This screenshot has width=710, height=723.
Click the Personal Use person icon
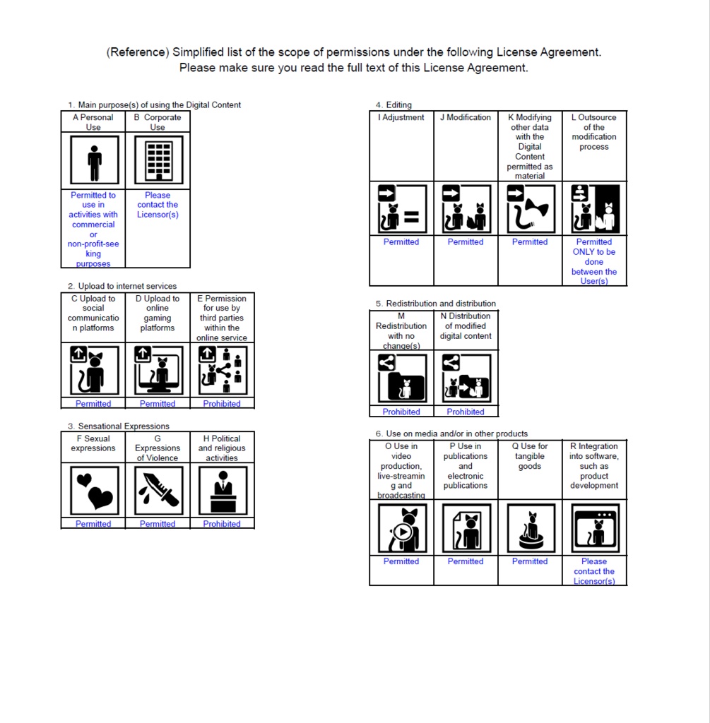pos(94,160)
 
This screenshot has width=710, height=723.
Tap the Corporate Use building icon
pos(158,160)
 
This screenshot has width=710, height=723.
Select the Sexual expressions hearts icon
pos(94,490)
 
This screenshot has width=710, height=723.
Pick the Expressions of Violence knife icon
pos(158,490)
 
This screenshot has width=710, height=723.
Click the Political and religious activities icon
pos(222,490)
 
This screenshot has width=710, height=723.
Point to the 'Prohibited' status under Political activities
pos(222,524)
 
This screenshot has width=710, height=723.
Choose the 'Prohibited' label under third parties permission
pos(222,404)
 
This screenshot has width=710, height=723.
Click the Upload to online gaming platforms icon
pos(158,370)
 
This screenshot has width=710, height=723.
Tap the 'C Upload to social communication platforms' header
pos(93,313)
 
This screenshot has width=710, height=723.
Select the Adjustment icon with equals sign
pos(401,209)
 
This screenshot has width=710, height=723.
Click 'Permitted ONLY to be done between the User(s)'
pos(594,261)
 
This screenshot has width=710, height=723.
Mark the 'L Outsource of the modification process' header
pos(594,132)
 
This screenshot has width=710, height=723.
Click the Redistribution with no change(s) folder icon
pos(401,378)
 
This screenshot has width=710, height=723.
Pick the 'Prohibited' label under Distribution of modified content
pos(466,412)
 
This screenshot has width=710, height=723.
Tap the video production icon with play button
pos(401,528)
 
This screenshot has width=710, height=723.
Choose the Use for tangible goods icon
pos(530,528)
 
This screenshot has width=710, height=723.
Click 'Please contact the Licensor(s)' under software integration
pos(594,571)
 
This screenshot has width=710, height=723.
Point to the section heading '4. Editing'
pos(394,105)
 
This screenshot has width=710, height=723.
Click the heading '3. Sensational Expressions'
pos(119,426)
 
